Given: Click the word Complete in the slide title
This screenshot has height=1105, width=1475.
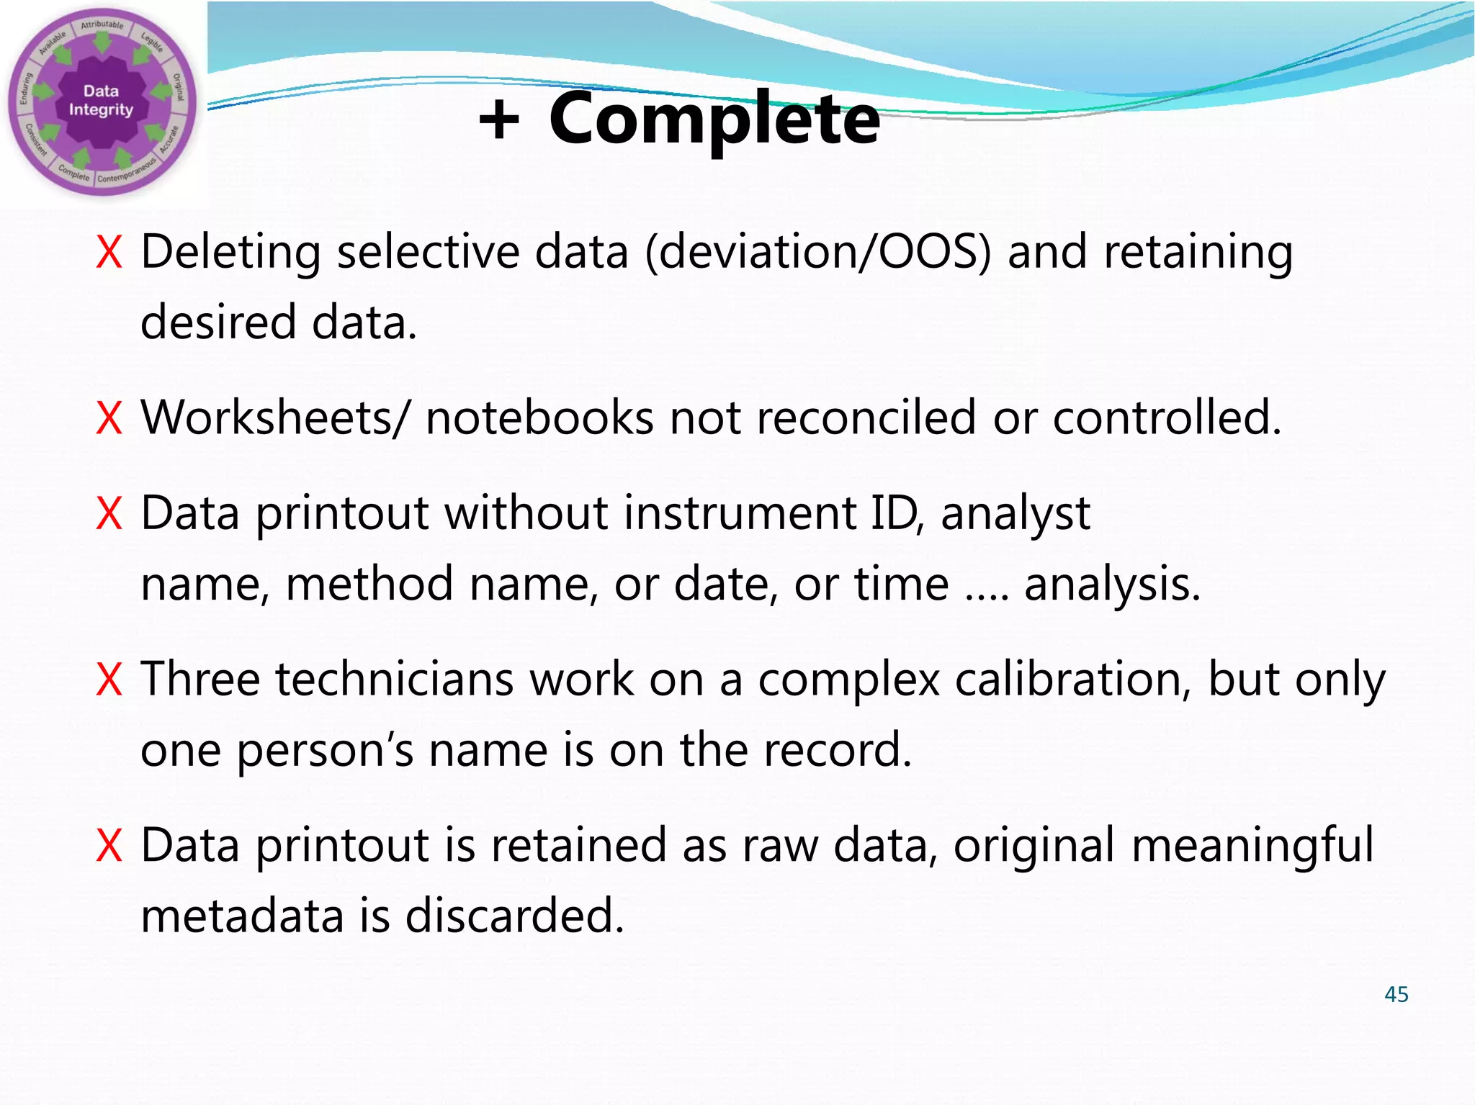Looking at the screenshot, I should (x=714, y=119).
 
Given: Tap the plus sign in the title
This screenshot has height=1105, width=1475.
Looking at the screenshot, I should (x=498, y=119).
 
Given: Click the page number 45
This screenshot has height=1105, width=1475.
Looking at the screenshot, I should (x=1396, y=994).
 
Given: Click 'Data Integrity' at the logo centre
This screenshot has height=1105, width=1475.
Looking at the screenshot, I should (x=101, y=101).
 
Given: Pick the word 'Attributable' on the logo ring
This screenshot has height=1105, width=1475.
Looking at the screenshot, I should (x=102, y=25).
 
